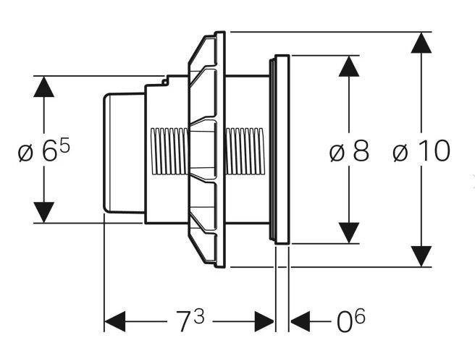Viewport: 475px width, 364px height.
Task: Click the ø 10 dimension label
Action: pos(421,151)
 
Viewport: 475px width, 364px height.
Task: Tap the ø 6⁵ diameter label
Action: pos(45,151)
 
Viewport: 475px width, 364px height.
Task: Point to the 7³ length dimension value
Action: pos(190,320)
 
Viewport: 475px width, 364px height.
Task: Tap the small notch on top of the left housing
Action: pos(166,81)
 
